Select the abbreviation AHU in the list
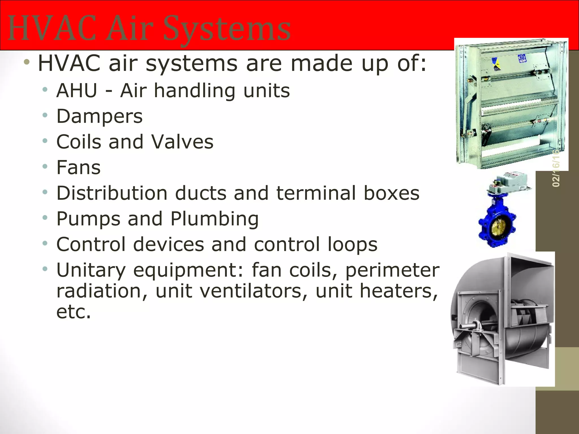(77, 91)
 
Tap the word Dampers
(100, 116)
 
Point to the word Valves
(182, 142)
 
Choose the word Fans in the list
(79, 168)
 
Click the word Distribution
(112, 193)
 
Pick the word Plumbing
(215, 219)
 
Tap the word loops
(353, 244)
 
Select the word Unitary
(91, 270)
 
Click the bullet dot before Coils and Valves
(45, 141)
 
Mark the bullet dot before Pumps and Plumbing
(45, 218)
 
